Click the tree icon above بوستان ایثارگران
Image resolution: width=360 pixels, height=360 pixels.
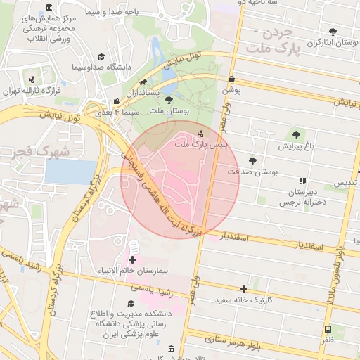coord(332,31)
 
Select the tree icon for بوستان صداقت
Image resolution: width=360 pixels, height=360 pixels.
coord(252,161)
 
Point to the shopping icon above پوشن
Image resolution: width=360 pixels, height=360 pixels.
coord(232,80)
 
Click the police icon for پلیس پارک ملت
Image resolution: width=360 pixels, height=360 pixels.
coord(202,133)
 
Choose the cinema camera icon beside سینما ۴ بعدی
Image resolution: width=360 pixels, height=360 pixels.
coord(116,102)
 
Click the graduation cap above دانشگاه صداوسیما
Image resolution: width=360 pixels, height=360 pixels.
coord(101,57)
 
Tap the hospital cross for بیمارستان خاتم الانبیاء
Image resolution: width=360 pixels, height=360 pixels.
coord(132,259)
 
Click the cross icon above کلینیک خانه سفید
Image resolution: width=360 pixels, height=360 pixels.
coord(243,289)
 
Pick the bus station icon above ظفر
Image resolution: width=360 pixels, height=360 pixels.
coord(328,328)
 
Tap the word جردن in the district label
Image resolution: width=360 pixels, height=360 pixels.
coord(275,34)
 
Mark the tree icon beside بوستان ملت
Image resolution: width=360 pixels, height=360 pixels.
coord(169,100)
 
